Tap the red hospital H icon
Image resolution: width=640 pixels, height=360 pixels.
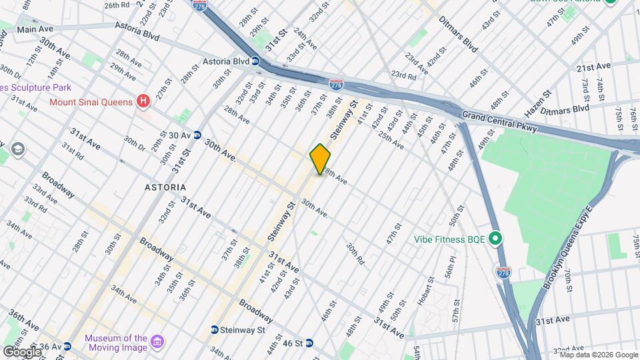click(x=142, y=101)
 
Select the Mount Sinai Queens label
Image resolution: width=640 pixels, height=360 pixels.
click(x=92, y=102)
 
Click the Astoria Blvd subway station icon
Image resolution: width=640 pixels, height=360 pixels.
click(x=255, y=62)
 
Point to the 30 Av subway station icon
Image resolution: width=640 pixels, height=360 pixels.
click(x=197, y=135)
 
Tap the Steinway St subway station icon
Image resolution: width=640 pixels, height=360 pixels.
click(x=214, y=330)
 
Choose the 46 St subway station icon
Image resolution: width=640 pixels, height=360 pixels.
click(x=317, y=343)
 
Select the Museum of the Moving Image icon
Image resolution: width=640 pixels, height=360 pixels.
click(x=158, y=343)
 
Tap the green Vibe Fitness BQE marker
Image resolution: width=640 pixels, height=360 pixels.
click(x=495, y=238)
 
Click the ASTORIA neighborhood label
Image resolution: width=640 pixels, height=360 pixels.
click(x=165, y=187)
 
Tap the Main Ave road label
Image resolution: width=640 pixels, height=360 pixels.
click(x=36, y=29)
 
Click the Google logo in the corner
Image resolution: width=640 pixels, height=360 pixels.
click(x=22, y=351)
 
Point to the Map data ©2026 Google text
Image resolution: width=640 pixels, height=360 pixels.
click(x=595, y=355)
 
